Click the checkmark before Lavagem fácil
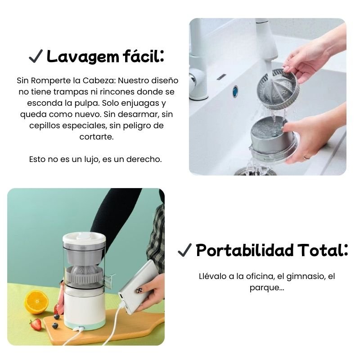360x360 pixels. click(x=36, y=56)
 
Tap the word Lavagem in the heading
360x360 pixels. click(x=83, y=57)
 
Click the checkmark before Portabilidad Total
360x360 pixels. click(x=185, y=250)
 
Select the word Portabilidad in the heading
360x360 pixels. click(x=245, y=250)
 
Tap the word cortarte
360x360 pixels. click(x=97, y=137)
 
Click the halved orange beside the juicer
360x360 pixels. click(x=37, y=302)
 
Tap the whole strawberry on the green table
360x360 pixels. click(x=36, y=324)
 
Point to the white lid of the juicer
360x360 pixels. click(x=84, y=239)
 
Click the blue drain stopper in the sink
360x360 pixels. click(x=235, y=91)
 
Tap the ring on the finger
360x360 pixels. click(x=306, y=158)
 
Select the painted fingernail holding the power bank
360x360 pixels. click(x=139, y=290)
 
